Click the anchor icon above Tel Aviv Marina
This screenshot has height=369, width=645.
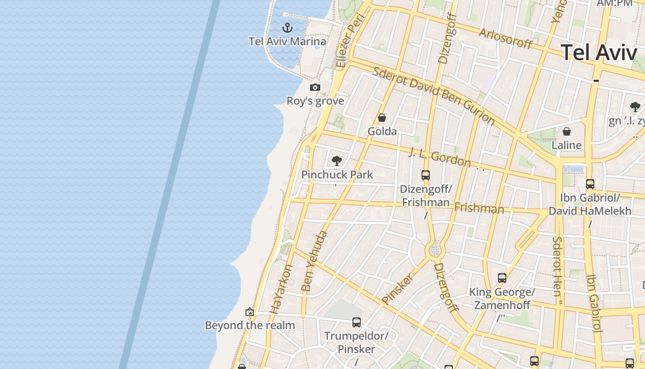(287, 28)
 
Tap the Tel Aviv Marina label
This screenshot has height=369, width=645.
(287, 42)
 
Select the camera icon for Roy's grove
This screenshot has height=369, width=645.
(315, 88)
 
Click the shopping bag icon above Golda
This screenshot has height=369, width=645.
(381, 118)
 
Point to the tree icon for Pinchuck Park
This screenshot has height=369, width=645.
(337, 161)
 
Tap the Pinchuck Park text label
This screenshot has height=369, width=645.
(337, 175)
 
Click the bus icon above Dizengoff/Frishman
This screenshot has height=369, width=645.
(426, 175)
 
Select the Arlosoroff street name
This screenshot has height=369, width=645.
(505, 39)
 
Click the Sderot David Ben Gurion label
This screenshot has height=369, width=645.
(434, 96)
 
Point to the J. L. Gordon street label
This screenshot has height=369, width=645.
(440, 158)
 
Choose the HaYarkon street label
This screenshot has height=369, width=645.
(281, 289)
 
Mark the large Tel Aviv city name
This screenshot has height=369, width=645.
(599, 53)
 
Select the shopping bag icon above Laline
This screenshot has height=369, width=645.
(567, 132)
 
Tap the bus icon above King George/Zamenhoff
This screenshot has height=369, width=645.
(502, 278)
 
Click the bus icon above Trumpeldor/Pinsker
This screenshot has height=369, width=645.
(357, 322)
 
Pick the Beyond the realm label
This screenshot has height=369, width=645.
(250, 326)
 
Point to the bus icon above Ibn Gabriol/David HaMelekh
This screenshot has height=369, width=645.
(590, 184)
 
